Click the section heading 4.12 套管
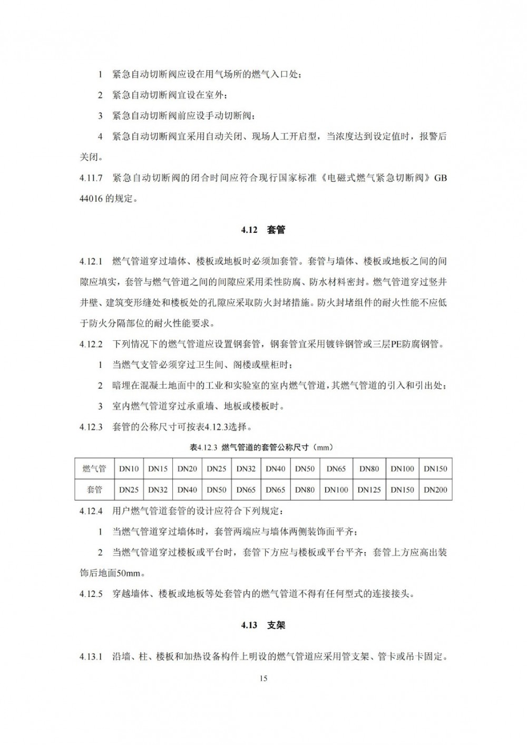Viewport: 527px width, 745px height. (x=263, y=230)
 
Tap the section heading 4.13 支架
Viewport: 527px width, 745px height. (x=263, y=625)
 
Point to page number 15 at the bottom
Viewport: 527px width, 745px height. (x=263, y=678)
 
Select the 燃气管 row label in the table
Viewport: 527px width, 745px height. (x=94, y=468)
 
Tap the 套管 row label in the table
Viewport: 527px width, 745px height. (x=94, y=489)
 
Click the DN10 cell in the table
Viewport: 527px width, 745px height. (x=129, y=468)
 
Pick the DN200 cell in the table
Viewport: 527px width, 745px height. (x=435, y=489)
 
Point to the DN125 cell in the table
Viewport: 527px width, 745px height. (x=369, y=489)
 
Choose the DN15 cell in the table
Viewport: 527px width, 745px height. (x=158, y=468)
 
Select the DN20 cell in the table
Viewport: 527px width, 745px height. (x=187, y=468)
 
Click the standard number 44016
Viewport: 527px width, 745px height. (x=93, y=199)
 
